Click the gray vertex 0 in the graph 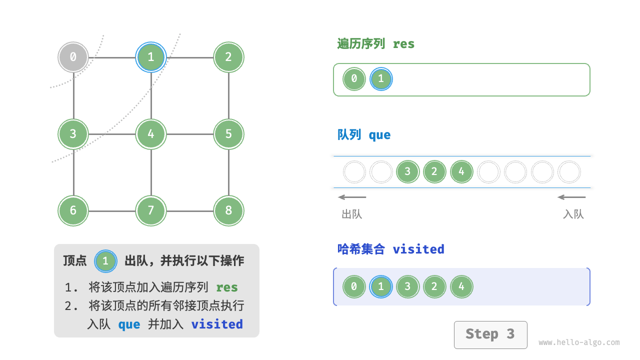click(73, 57)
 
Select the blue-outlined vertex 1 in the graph click(151, 57)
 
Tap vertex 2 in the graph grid click(228, 57)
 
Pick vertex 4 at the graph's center click(151, 134)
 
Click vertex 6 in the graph click(73, 210)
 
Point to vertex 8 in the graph click(228, 210)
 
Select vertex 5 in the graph click(228, 134)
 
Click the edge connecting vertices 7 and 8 click(190, 211)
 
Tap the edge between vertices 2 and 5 click(228, 95)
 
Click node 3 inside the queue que click(407, 172)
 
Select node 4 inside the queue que click(461, 172)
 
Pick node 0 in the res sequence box click(354, 79)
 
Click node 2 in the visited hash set click(434, 287)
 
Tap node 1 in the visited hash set click(381, 287)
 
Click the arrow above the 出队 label click(352, 197)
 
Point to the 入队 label click(573, 214)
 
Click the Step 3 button click(490, 334)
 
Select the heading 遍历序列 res click(375, 44)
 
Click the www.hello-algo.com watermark click(579, 343)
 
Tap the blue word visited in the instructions click(217, 324)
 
